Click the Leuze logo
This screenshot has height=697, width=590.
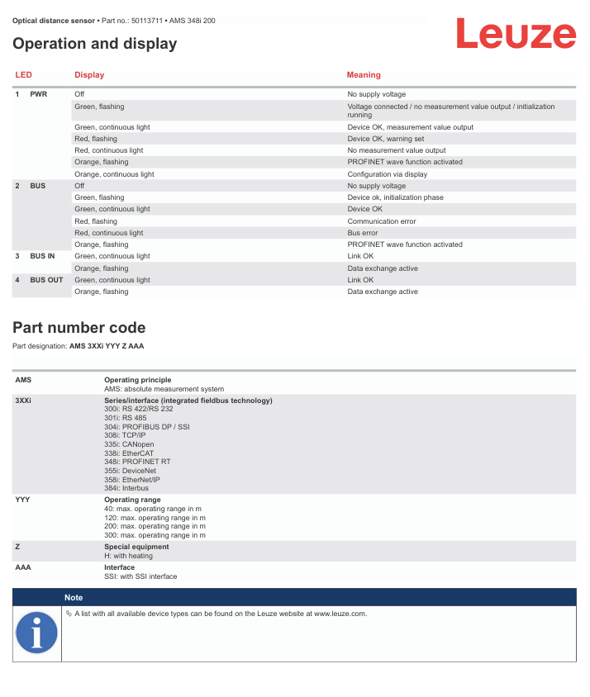click(516, 35)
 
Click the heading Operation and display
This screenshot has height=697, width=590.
click(95, 44)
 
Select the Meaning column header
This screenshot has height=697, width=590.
click(364, 75)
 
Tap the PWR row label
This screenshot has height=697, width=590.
click(39, 94)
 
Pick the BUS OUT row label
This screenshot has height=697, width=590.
click(46, 280)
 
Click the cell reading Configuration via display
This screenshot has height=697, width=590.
click(387, 174)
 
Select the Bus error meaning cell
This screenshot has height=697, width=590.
click(363, 233)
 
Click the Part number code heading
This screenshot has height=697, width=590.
click(79, 328)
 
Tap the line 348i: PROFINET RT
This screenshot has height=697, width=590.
click(137, 462)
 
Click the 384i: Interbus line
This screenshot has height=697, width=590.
click(126, 488)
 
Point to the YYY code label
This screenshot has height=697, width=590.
click(23, 500)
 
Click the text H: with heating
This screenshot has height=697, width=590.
click(128, 556)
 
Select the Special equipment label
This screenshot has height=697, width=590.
click(136, 547)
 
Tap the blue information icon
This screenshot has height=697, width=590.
click(37, 633)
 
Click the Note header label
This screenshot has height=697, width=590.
click(74, 597)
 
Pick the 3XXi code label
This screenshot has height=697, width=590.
click(25, 401)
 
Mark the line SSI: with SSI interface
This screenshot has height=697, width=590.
click(140, 576)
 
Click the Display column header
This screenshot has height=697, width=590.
click(89, 75)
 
